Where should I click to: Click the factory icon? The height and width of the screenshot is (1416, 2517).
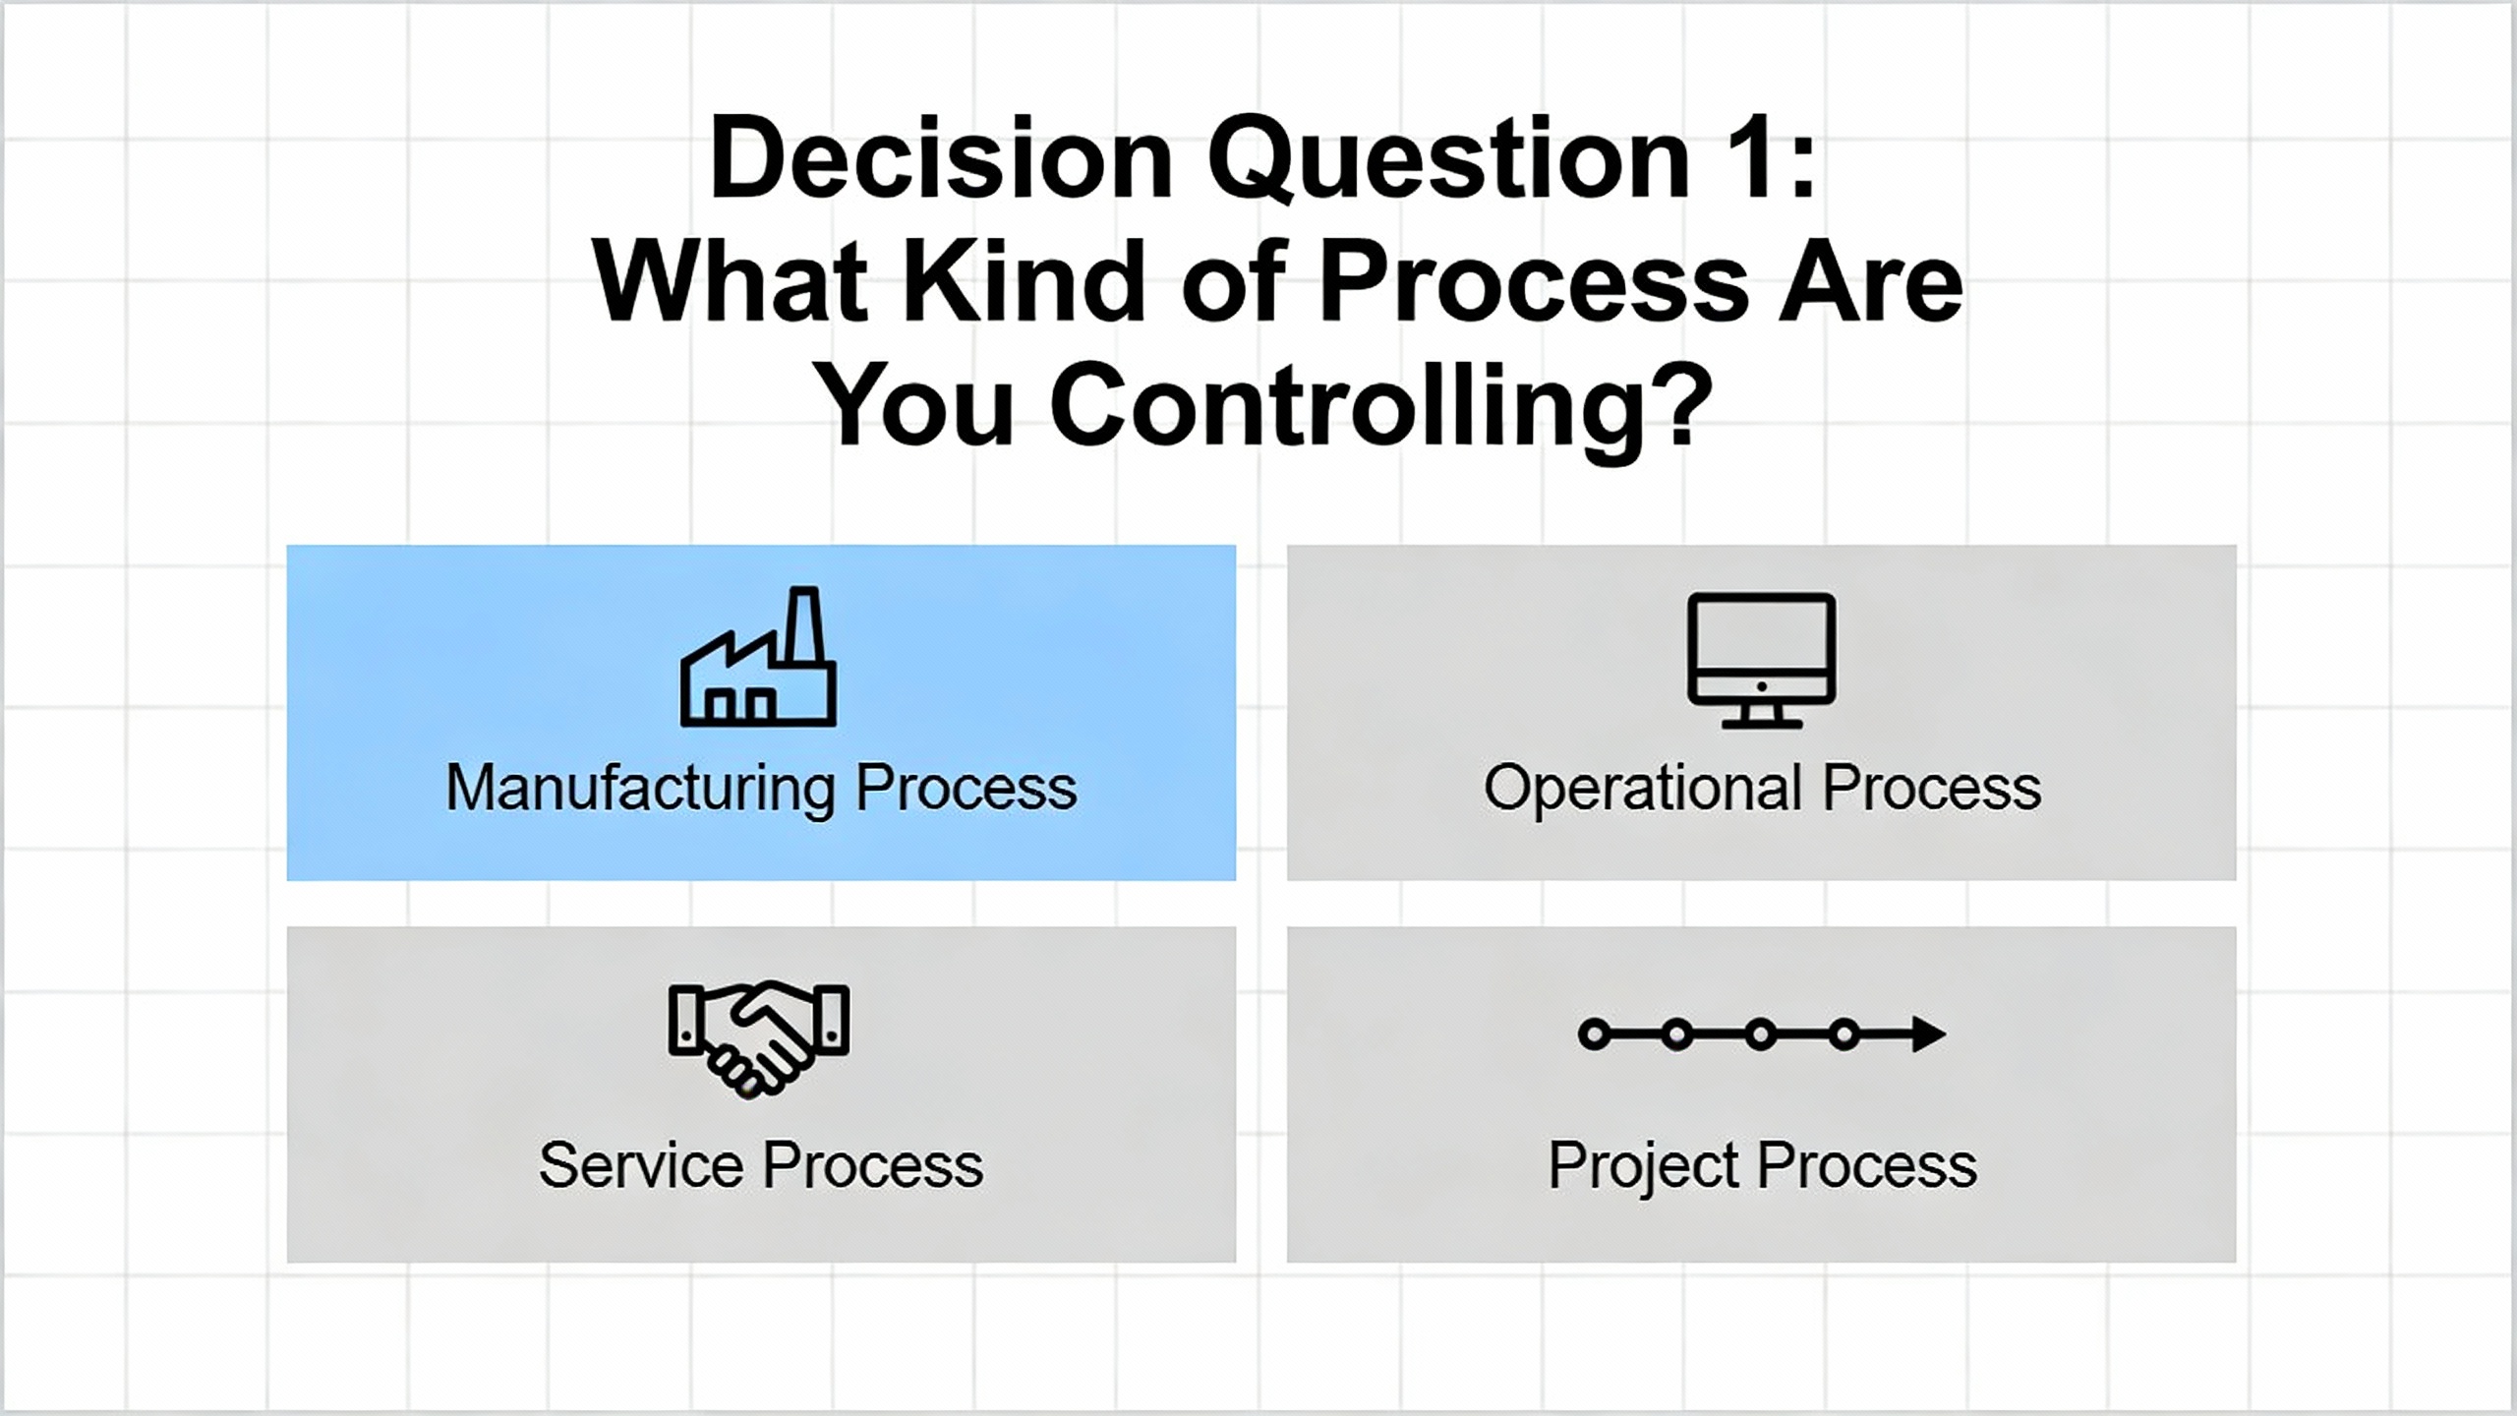pyautogui.click(x=758, y=657)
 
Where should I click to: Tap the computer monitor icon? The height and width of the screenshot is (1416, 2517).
pyautogui.click(x=1761, y=660)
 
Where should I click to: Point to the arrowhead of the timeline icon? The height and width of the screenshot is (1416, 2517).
pyautogui.click(x=1929, y=1034)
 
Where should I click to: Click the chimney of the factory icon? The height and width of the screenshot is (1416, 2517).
pyautogui.click(x=804, y=625)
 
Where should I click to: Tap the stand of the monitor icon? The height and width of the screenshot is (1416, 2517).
pyautogui.click(x=1761, y=717)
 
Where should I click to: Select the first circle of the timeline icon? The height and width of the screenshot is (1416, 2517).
pyautogui.click(x=1594, y=1034)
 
